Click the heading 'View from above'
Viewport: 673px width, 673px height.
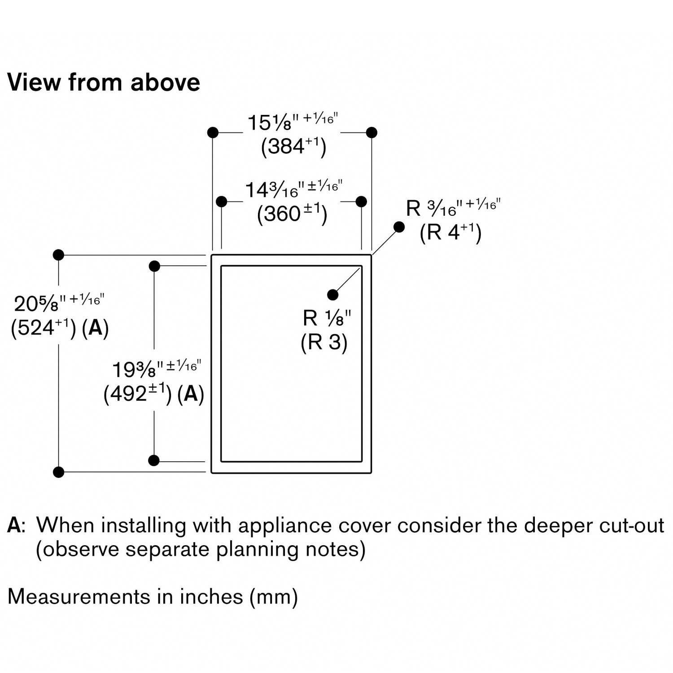(104, 83)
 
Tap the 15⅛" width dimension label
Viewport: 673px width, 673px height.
(293, 122)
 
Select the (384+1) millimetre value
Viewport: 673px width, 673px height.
(293, 146)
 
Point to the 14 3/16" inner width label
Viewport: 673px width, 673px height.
(293, 189)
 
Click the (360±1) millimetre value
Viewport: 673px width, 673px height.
(292, 214)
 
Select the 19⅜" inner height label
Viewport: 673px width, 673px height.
(156, 369)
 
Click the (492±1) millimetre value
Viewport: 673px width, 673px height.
(137, 394)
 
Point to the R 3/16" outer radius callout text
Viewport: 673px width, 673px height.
(453, 208)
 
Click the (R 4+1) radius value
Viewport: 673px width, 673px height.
(450, 232)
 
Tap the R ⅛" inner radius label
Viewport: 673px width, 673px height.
(327, 318)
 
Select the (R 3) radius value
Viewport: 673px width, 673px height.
(324, 342)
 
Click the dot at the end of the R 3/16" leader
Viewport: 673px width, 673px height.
(399, 227)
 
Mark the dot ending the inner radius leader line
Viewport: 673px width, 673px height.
(333, 294)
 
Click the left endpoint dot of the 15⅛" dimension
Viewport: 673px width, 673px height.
(213, 132)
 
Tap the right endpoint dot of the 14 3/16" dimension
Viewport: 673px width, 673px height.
(361, 201)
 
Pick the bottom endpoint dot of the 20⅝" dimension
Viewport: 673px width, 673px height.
(59, 472)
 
